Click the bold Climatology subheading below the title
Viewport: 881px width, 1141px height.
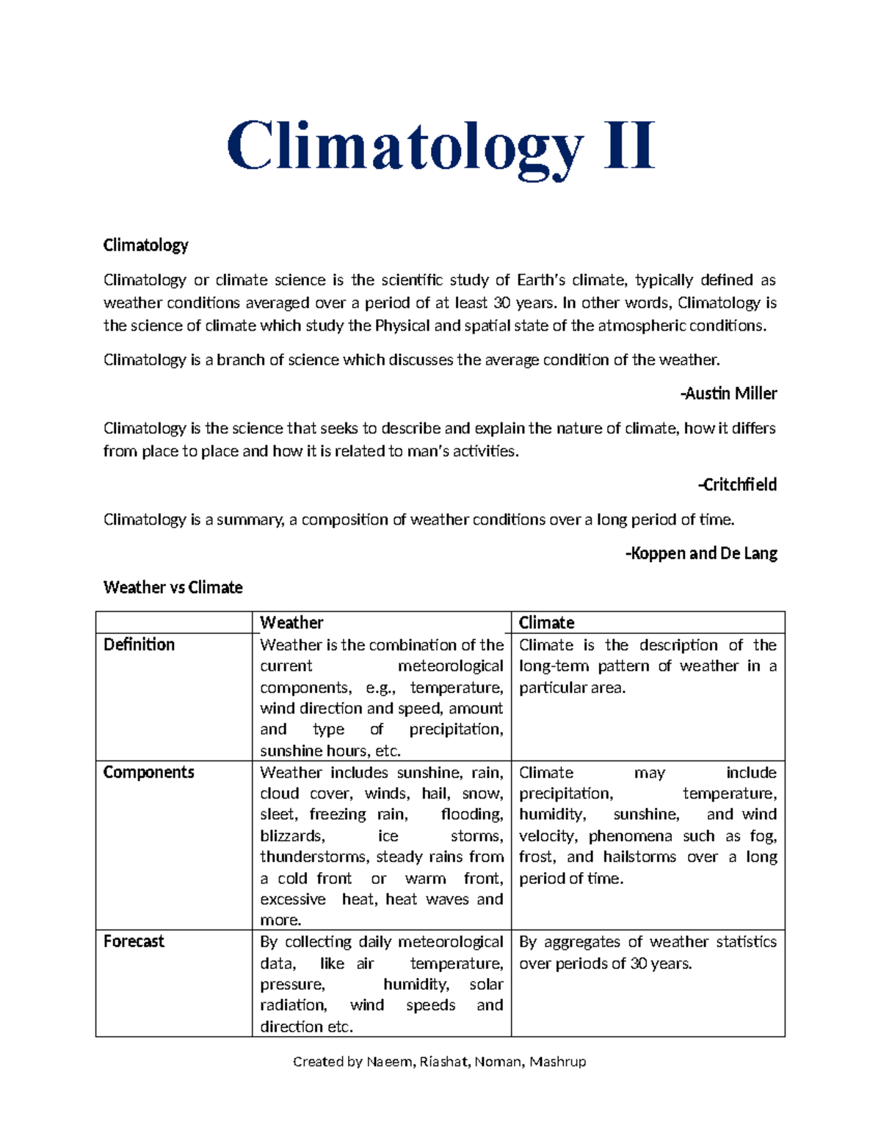click(x=145, y=245)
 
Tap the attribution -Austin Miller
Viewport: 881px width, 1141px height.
click(x=728, y=394)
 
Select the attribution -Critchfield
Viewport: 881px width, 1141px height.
click(x=737, y=485)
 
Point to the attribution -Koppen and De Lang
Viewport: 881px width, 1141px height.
click(x=701, y=553)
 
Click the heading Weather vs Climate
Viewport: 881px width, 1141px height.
click(x=173, y=587)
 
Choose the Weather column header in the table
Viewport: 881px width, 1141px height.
click(x=291, y=623)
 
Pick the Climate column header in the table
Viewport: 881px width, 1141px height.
click(x=546, y=623)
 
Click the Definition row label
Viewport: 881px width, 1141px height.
click(x=139, y=645)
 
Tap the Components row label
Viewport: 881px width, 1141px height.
click(x=148, y=772)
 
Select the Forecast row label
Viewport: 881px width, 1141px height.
click(x=134, y=942)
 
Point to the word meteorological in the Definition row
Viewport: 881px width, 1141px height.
click(x=450, y=666)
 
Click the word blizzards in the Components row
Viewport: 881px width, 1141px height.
click(x=292, y=836)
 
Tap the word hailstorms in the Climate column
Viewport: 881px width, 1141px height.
click(x=639, y=857)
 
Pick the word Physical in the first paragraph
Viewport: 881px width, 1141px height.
click(x=402, y=326)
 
